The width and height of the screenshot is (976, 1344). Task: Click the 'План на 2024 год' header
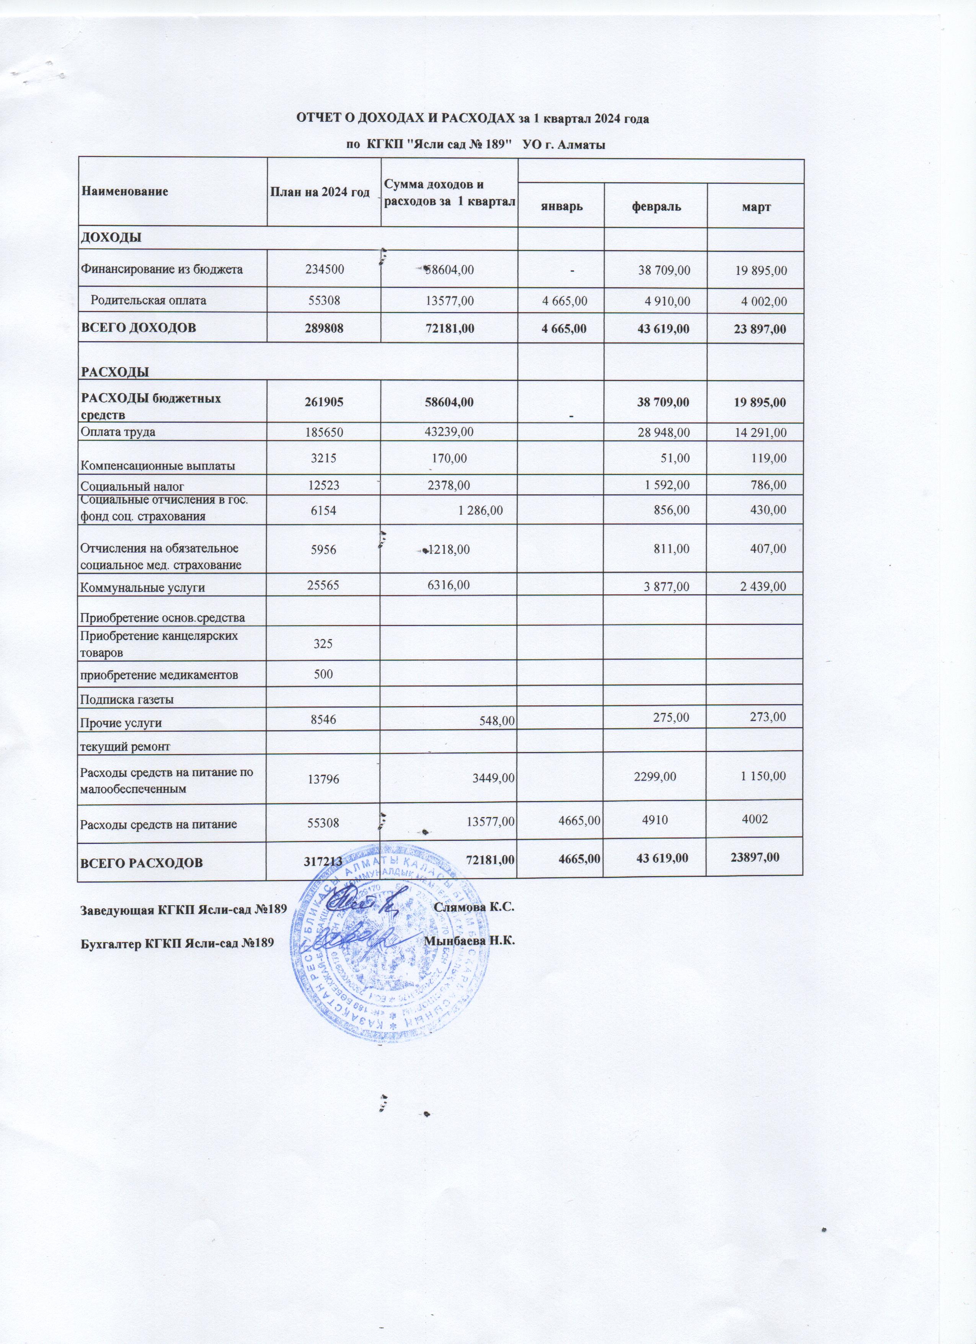pyautogui.click(x=320, y=191)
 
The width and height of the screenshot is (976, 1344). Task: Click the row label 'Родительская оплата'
pyautogui.click(x=148, y=301)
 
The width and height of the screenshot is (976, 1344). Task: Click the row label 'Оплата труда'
pyautogui.click(x=118, y=432)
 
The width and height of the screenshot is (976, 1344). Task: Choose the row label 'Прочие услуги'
pyautogui.click(x=121, y=723)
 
